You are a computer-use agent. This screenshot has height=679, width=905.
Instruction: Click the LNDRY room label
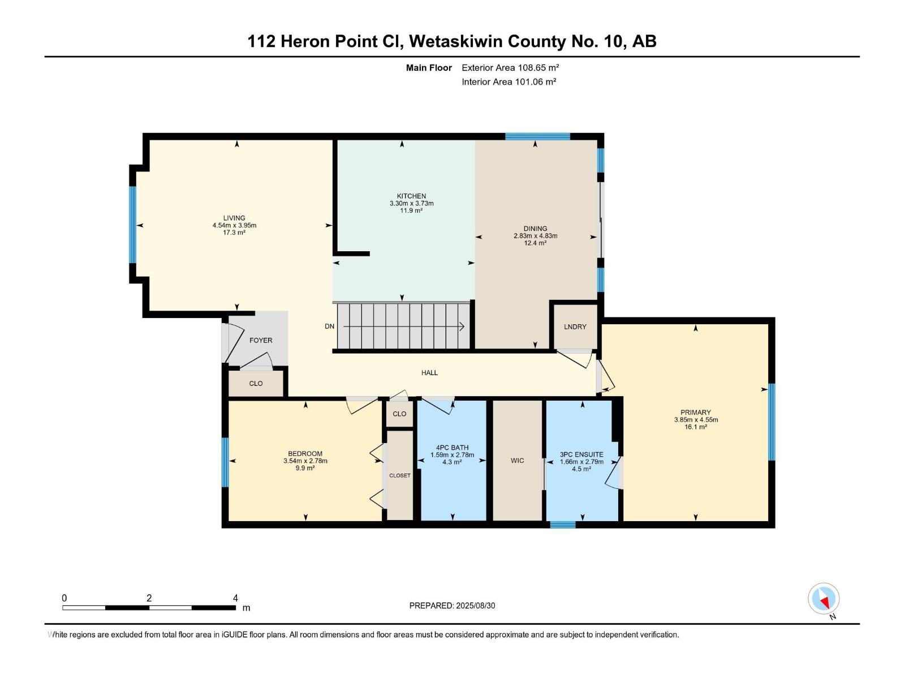(575, 326)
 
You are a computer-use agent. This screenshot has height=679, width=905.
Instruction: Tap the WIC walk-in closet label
(517, 461)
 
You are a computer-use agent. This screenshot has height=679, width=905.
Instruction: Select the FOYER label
(261, 340)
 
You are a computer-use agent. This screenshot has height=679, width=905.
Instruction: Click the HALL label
(429, 373)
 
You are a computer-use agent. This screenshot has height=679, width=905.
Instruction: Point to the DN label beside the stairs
(329, 326)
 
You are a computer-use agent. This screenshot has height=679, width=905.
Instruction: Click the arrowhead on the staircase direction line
(462, 327)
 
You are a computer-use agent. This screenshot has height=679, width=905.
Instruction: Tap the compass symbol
(824, 599)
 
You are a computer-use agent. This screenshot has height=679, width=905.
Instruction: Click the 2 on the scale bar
(149, 598)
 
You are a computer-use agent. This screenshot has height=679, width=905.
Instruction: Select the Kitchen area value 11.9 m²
(411, 210)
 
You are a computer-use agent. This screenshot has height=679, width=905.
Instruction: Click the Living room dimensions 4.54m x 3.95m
(234, 225)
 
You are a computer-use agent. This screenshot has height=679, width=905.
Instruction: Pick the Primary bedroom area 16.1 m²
(696, 427)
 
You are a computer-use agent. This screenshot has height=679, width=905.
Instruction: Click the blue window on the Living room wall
(133, 225)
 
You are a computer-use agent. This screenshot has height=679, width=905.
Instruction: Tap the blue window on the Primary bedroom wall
(772, 422)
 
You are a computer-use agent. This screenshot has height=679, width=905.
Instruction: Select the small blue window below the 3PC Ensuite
(563, 525)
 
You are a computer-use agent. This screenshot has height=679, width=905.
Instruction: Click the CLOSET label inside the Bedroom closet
(399, 475)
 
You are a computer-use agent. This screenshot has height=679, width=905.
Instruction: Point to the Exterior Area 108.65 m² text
(510, 68)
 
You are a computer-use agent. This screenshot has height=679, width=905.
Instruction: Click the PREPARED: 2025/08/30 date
(452, 605)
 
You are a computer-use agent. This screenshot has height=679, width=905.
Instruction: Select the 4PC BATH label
(453, 448)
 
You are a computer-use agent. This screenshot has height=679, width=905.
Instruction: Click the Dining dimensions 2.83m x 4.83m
(535, 236)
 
